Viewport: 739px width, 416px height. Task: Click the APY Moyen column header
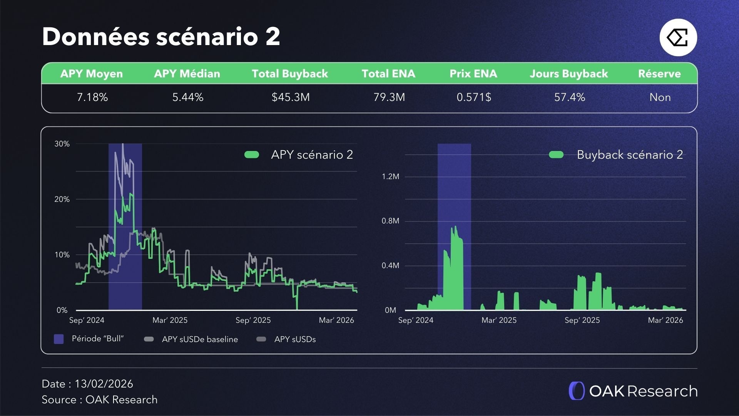(x=92, y=74)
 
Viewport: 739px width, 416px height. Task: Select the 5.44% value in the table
(x=188, y=97)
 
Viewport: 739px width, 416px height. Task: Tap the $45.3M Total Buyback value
(x=291, y=97)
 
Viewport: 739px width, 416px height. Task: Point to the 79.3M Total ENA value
(x=389, y=97)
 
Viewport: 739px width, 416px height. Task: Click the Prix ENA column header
(x=473, y=74)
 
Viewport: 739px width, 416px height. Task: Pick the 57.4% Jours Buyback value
(x=570, y=97)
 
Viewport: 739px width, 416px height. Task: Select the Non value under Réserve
(x=660, y=97)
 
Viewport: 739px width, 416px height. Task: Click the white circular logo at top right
(x=678, y=38)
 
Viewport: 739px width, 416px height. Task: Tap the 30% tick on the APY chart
(x=62, y=144)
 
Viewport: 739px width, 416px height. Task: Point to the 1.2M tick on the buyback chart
(x=390, y=177)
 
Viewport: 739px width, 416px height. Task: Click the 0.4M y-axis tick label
(x=390, y=266)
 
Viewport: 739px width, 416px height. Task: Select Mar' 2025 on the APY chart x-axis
(x=170, y=320)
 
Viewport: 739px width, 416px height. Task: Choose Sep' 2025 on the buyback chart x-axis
(x=582, y=320)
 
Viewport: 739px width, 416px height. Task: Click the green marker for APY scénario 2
(x=252, y=155)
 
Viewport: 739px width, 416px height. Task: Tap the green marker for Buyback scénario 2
(x=556, y=155)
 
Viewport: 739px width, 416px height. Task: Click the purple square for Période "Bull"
(x=59, y=339)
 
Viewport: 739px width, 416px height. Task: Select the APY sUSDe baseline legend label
(x=200, y=339)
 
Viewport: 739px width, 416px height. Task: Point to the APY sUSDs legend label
(x=295, y=339)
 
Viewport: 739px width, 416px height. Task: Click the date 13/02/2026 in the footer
(x=104, y=384)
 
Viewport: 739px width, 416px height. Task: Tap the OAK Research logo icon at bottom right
(x=577, y=391)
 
